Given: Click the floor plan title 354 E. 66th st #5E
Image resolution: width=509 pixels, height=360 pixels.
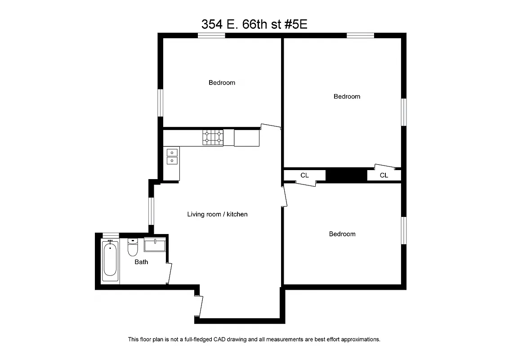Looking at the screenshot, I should click(x=254, y=24).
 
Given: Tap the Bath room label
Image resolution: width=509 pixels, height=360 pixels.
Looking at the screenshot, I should click(x=141, y=262).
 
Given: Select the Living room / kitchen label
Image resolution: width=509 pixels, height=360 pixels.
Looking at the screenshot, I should click(x=217, y=214).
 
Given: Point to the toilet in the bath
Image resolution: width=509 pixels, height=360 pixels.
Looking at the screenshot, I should click(x=133, y=247).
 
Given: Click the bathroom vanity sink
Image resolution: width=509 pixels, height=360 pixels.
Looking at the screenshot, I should click(x=155, y=245).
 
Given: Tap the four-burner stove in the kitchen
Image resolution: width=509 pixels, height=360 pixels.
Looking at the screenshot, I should click(x=213, y=137).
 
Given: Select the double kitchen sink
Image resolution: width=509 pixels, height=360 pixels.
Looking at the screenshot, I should click(x=172, y=156).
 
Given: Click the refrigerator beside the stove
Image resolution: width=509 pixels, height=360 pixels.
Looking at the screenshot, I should click(x=247, y=137).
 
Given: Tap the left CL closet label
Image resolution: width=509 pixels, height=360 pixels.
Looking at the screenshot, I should click(x=304, y=175).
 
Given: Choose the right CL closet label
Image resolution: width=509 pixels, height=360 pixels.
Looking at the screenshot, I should click(x=384, y=175).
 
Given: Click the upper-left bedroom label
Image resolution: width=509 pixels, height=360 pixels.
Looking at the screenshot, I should click(x=222, y=83).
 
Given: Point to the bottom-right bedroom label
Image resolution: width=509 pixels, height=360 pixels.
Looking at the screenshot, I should click(x=342, y=234).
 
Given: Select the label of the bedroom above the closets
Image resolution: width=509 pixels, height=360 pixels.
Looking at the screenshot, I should click(x=347, y=96).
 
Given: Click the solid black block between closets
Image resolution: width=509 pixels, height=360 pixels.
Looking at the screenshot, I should click(x=346, y=175).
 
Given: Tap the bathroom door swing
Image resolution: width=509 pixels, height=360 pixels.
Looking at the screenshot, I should click(x=169, y=273).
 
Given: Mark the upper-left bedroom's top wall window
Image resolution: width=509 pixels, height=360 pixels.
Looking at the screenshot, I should click(x=211, y=36).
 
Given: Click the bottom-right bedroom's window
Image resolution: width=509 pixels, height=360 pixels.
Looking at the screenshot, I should click(x=403, y=230).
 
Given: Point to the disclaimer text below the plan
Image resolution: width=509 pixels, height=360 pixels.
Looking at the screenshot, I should click(x=254, y=339).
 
